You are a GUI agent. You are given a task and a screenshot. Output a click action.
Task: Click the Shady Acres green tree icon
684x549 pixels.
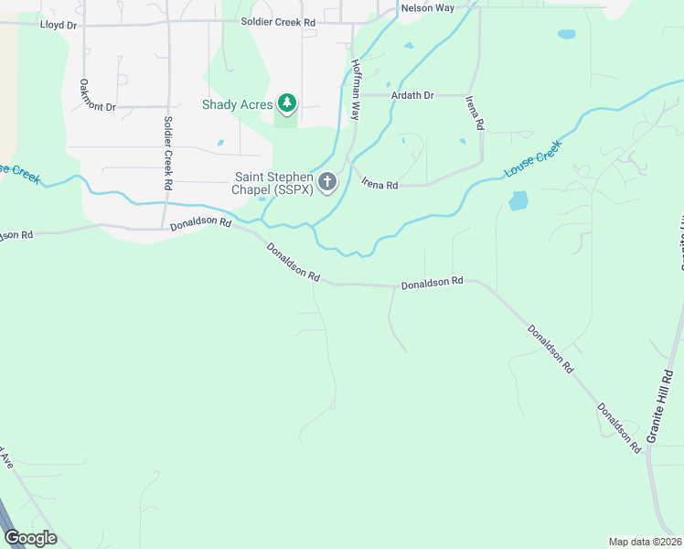288,104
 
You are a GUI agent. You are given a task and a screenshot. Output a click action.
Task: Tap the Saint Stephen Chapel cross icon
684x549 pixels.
327,183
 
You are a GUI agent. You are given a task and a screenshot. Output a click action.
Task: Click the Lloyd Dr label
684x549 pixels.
59,25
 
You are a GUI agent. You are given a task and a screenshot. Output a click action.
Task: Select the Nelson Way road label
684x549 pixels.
427,8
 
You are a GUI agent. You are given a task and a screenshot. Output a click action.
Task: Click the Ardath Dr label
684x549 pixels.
411,95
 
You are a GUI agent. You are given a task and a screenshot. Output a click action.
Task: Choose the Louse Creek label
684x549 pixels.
531,158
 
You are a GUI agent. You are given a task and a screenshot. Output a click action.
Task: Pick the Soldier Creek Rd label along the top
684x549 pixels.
278,21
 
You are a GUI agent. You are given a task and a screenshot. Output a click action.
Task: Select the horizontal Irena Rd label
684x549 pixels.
379,185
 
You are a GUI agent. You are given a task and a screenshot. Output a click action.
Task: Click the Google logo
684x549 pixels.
30,538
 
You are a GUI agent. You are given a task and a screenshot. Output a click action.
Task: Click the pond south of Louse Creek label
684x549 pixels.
518,200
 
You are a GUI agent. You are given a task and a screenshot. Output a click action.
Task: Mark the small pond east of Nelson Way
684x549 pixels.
567,35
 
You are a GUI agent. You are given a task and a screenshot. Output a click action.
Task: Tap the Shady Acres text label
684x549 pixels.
237,104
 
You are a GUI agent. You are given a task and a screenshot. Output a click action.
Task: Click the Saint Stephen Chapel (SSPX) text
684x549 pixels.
274,183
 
